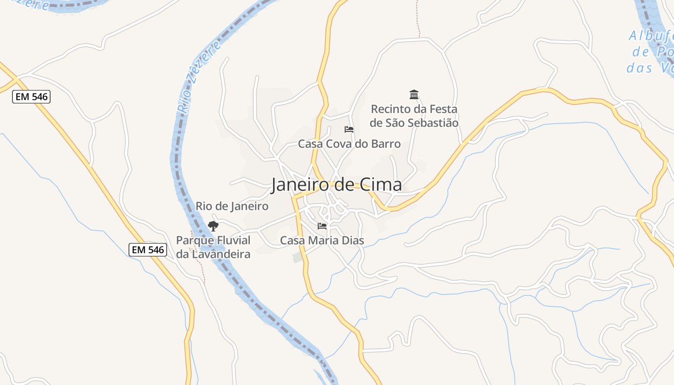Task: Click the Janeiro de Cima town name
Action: click(336, 185)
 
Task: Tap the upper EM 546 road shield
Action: click(31, 97)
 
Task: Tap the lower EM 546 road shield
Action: click(148, 249)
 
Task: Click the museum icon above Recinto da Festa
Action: click(414, 94)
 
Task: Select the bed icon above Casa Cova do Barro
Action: click(349, 129)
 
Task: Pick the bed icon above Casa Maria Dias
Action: click(322, 226)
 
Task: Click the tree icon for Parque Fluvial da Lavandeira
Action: click(213, 226)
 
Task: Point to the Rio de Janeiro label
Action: click(232, 206)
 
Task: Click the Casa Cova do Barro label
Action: click(349, 144)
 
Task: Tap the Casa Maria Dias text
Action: click(322, 240)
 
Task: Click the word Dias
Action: click(352, 240)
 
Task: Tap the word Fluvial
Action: click(232, 240)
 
